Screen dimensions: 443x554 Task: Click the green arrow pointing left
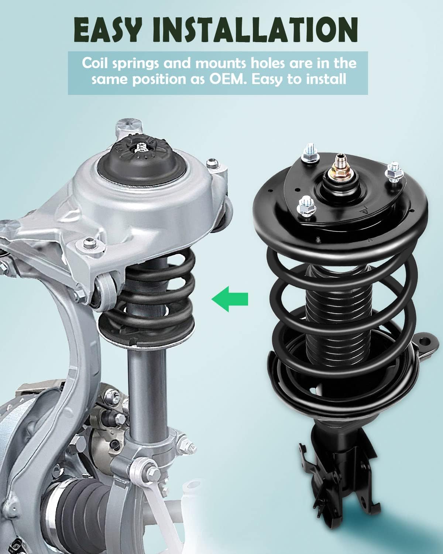tap(230, 298)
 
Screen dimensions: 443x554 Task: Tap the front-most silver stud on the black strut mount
tap(305, 205)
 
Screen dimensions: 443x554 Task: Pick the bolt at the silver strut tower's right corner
tap(212, 163)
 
